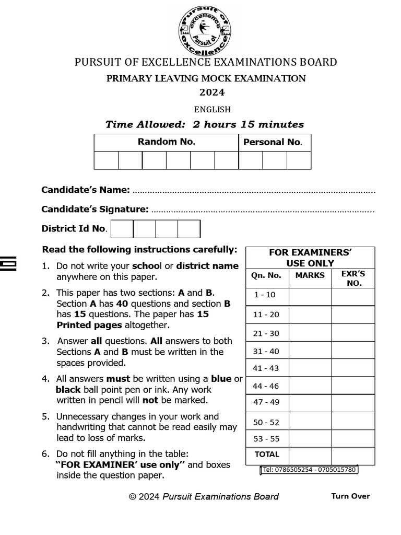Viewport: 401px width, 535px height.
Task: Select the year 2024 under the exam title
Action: click(212, 93)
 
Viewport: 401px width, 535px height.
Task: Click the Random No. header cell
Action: click(166, 142)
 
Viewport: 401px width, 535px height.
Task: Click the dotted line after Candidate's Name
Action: click(254, 191)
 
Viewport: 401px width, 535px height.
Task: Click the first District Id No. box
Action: click(122, 229)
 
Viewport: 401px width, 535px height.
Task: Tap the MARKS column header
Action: click(310, 275)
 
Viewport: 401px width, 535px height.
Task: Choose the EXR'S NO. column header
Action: click(353, 278)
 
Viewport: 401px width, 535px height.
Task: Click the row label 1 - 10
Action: click(264, 295)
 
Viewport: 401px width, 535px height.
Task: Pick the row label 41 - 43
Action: click(266, 368)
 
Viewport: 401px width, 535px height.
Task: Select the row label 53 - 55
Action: click(266, 439)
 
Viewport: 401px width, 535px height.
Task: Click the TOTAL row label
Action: click(267, 455)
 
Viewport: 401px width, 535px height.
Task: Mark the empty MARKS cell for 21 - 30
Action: click(310, 333)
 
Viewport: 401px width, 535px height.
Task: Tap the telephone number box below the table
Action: click(309, 470)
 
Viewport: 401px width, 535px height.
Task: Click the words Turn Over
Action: click(350, 496)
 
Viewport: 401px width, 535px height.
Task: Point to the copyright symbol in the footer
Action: click(133, 497)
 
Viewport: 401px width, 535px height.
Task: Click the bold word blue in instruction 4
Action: click(221, 379)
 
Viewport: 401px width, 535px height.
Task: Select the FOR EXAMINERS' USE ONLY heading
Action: click(310, 258)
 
